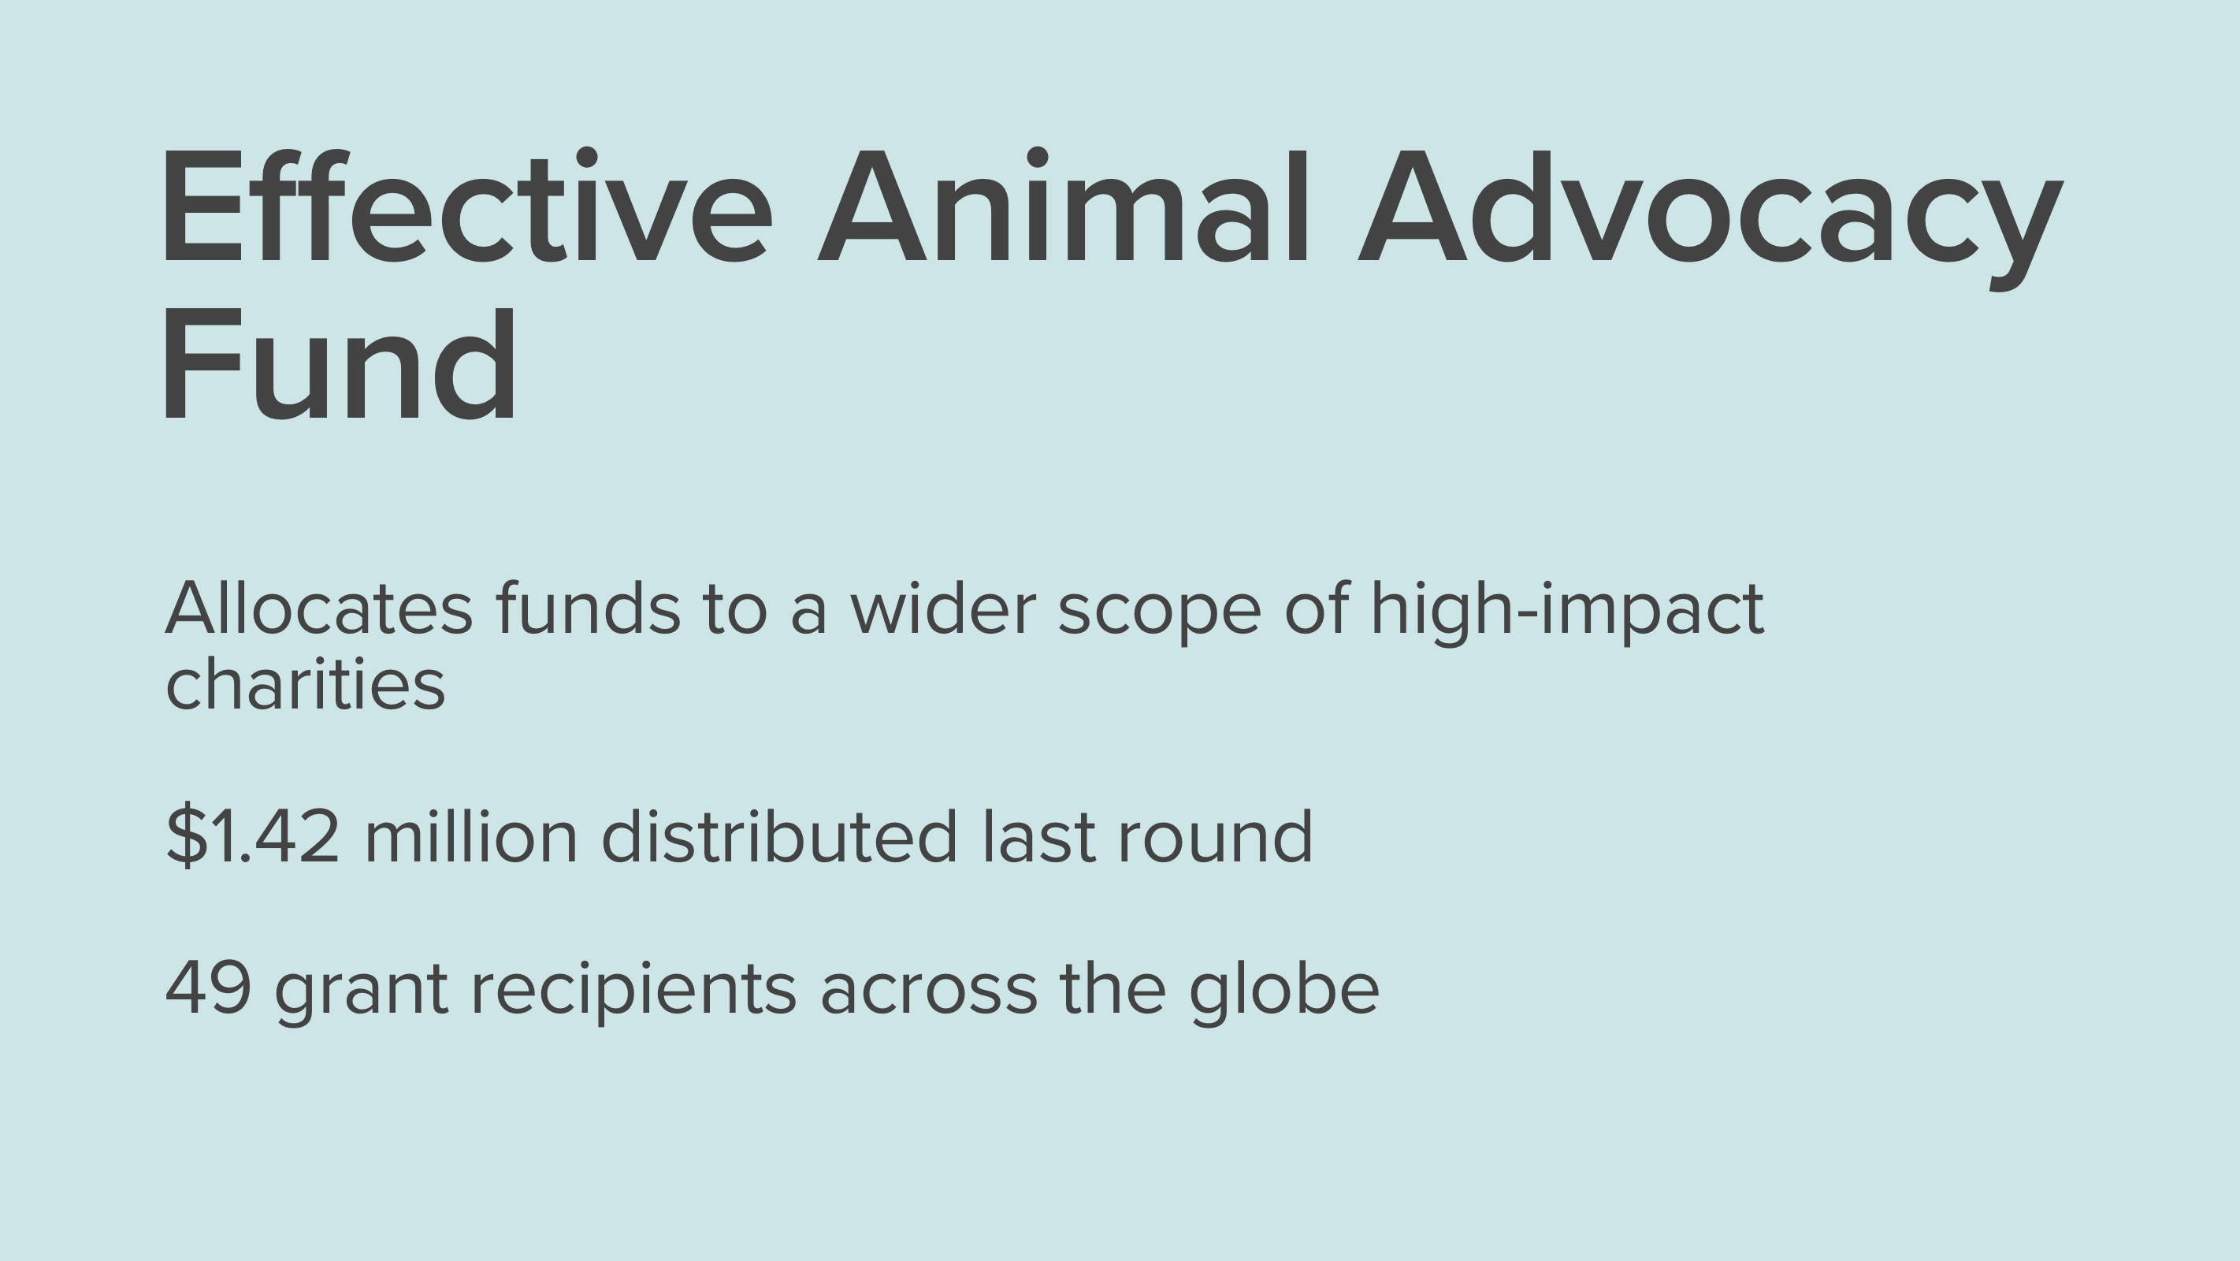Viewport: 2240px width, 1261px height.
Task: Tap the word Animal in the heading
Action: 1063,205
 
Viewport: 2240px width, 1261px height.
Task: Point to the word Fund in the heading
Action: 339,363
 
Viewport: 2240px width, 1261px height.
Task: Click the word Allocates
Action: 319,608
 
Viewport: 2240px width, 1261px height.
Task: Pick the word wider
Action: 943,608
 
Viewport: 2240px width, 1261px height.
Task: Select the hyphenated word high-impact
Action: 1567,614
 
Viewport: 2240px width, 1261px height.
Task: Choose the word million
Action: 471,837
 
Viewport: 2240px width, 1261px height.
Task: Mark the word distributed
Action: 779,837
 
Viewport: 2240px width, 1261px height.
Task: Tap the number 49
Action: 209,988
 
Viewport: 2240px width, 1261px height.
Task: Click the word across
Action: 929,993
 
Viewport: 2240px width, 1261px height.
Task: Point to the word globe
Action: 1283,993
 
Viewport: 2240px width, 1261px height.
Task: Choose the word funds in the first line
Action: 588,608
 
